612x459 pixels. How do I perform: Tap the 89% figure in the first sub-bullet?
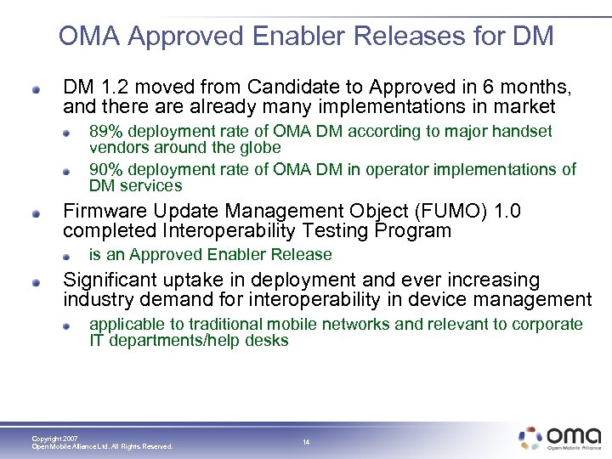coord(105,131)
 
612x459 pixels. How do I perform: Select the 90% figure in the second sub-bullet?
coord(105,169)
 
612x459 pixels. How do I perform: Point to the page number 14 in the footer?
coord(305,442)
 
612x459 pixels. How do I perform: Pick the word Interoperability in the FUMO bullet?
coord(216,230)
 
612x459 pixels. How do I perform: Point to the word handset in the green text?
coord(524,131)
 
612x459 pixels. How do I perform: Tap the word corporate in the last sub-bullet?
coord(549,324)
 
